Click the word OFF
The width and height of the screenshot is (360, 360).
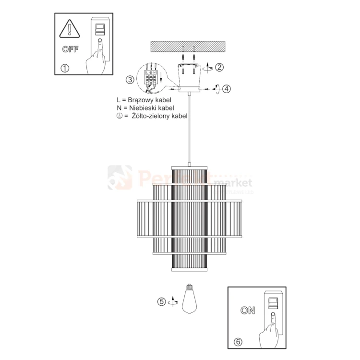pyautogui.click(x=71, y=49)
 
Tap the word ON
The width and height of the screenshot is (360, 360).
pyautogui.click(x=248, y=310)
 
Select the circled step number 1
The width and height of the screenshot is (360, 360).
pyautogui.click(x=65, y=68)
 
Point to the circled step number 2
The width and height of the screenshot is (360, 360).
pyautogui.click(x=219, y=67)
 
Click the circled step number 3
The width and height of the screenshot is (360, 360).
pyautogui.click(x=130, y=79)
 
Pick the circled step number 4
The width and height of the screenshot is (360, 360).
pyautogui.click(x=227, y=88)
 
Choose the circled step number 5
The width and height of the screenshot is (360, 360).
pyautogui.click(x=162, y=302)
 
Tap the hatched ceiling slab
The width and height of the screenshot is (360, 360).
pyautogui.click(x=187, y=47)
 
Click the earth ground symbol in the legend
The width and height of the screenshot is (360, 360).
pyautogui.click(x=119, y=116)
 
